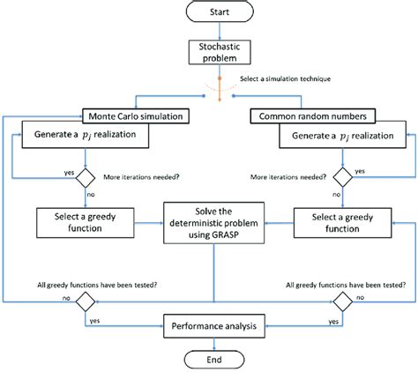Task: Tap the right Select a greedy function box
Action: point(340,220)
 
